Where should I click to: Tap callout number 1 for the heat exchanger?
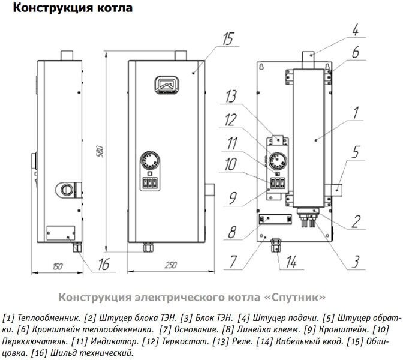tap(356, 112)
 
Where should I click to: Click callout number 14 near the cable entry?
tap(291, 261)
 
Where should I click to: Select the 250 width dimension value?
tap(172, 264)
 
